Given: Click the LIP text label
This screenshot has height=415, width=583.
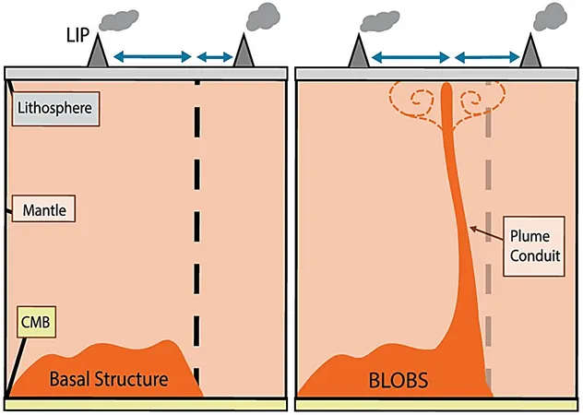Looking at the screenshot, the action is [x=78, y=35].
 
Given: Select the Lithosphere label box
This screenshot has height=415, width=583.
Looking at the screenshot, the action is [x=55, y=109].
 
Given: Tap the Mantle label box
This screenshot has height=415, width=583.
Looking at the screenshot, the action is [x=44, y=209].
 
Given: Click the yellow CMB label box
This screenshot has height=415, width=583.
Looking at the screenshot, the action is [x=37, y=322].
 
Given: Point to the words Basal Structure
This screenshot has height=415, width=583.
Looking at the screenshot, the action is [x=109, y=379].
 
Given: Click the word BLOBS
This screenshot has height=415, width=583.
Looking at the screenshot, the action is [x=399, y=380].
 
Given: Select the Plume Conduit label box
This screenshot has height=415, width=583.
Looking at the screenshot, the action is [x=534, y=246].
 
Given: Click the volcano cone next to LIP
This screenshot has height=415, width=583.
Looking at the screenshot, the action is [x=98, y=51].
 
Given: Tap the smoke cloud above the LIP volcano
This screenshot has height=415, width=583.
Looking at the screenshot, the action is [x=119, y=19].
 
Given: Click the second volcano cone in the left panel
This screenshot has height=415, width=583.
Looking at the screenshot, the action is [x=244, y=51].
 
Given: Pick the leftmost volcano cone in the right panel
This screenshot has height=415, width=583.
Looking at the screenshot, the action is [x=359, y=51].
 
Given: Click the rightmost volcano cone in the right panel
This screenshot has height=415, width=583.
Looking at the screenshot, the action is [x=530, y=51].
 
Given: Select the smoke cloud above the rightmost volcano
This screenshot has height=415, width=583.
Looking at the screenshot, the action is [x=551, y=17].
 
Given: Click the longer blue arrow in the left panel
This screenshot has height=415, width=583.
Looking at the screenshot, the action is [x=152, y=56].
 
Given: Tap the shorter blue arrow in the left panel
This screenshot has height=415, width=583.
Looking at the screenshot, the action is [x=215, y=57].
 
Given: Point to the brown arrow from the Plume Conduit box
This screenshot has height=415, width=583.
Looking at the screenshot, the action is [x=486, y=233].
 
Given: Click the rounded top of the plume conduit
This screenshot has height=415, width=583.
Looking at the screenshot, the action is [x=446, y=87].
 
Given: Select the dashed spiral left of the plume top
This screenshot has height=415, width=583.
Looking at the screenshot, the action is [x=412, y=101].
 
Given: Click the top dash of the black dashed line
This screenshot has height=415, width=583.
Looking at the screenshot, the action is [x=197, y=83].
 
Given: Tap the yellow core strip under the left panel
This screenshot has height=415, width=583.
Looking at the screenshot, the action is [x=146, y=405].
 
